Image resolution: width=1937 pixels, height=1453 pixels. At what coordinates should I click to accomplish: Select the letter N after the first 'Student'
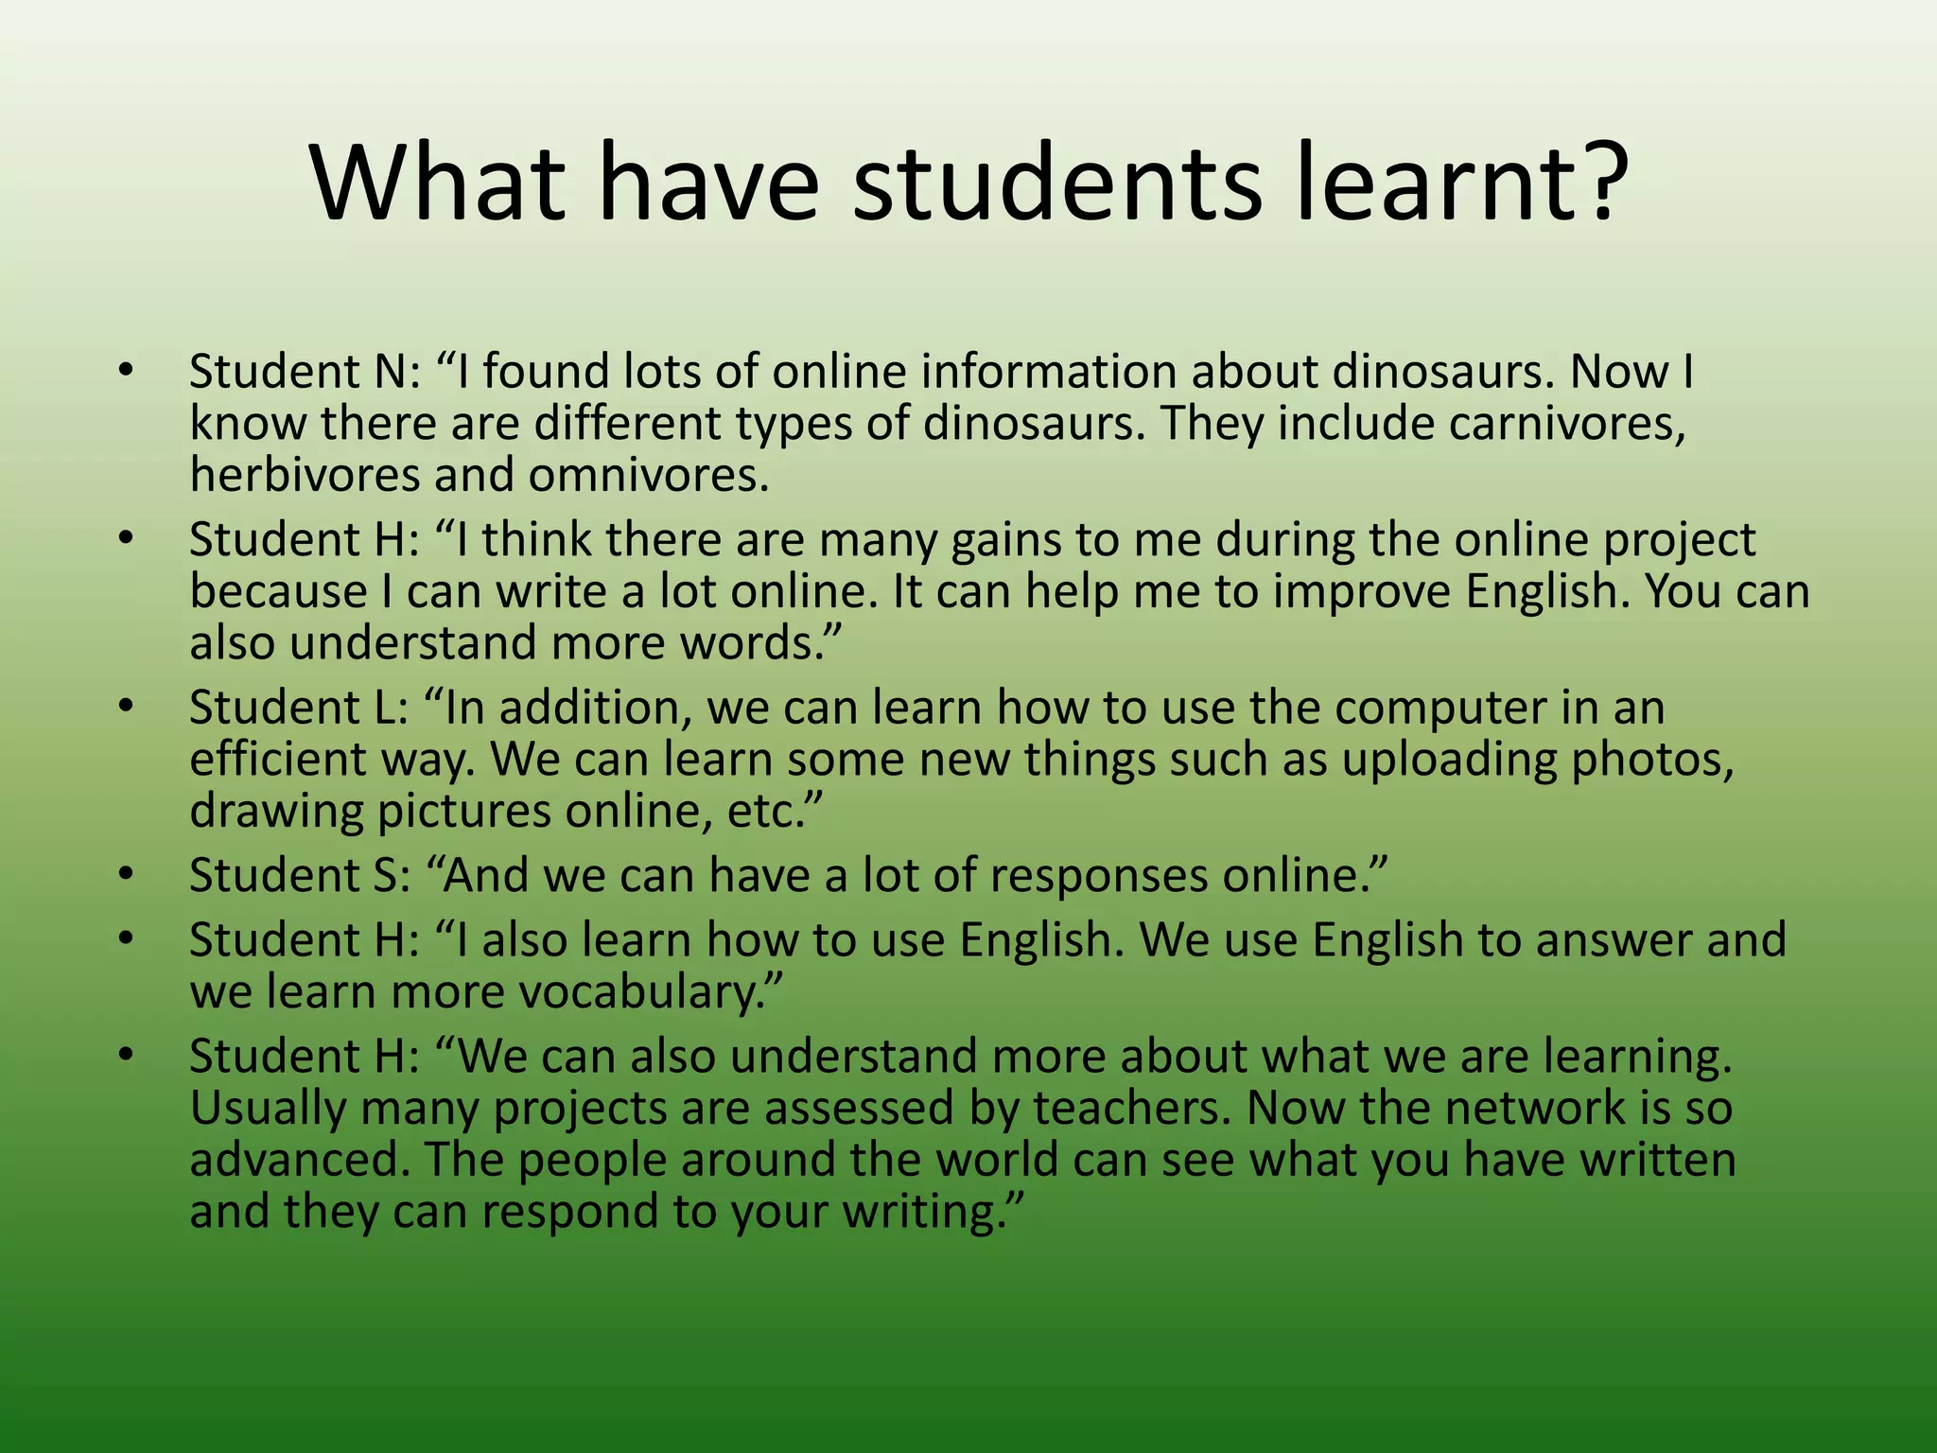[388, 371]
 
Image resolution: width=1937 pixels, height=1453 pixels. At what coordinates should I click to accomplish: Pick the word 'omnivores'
[647, 475]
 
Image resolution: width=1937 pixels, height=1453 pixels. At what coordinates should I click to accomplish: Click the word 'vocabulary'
[653, 992]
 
